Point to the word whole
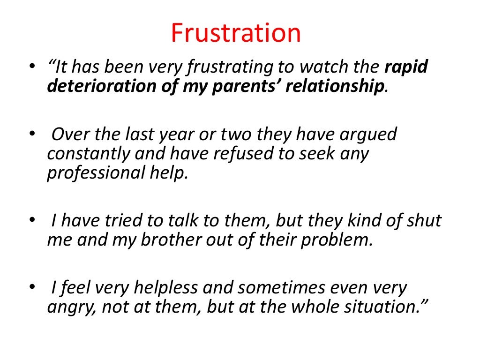coord(317,307)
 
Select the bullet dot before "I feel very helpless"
coord(31,287)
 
